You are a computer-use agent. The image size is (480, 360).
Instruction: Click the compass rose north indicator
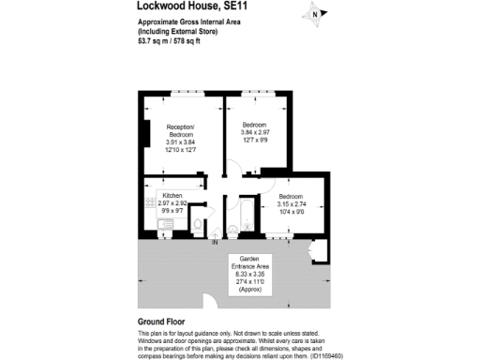[x=317, y=14]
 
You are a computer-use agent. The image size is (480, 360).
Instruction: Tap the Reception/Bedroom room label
[x=180, y=130]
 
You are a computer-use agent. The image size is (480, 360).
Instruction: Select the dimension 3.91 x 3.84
[x=180, y=142]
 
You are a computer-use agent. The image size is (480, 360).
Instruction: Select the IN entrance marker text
[x=215, y=243]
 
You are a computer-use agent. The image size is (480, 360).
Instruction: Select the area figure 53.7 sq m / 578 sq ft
[x=174, y=40]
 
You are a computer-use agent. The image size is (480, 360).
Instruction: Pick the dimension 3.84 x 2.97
[x=255, y=133]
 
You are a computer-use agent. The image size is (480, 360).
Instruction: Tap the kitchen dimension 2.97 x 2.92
[x=173, y=202]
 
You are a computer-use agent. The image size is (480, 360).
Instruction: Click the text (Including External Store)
[x=177, y=32]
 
